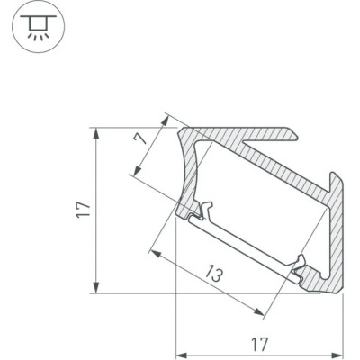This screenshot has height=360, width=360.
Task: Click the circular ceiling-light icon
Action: (x=38, y=27)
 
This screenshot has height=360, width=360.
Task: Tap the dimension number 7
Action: (x=140, y=139)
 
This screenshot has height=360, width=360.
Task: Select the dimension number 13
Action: (x=215, y=273)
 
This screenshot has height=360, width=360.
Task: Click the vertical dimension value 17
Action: (x=85, y=210)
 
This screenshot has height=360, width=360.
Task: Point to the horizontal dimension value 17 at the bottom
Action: (x=259, y=344)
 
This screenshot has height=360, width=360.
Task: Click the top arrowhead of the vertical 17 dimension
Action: (x=96, y=133)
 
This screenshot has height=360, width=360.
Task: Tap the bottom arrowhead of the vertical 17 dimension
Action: (x=96, y=288)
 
